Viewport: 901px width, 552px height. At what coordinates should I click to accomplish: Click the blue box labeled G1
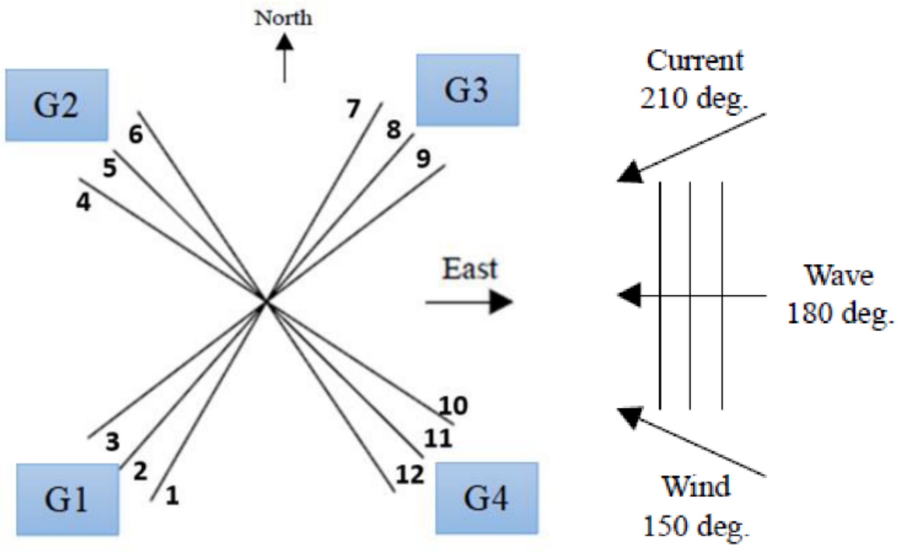click(x=68, y=500)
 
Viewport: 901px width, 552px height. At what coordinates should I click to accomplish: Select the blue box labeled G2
click(x=57, y=105)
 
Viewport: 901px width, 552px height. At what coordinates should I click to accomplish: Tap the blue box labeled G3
click(x=467, y=90)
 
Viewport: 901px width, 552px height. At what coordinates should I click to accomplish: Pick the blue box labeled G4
click(x=487, y=498)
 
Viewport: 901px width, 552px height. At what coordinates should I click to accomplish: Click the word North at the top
click(x=283, y=18)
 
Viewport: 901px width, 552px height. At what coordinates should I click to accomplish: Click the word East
click(x=469, y=269)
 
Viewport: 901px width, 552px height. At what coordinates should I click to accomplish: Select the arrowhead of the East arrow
click(x=501, y=302)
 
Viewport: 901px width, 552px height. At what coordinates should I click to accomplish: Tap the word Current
click(x=694, y=61)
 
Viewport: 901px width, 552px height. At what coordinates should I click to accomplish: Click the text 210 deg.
click(x=694, y=98)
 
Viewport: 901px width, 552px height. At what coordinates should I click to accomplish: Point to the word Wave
click(x=838, y=276)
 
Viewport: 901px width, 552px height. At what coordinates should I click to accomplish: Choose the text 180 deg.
click(x=840, y=313)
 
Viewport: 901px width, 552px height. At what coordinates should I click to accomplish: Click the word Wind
click(x=696, y=487)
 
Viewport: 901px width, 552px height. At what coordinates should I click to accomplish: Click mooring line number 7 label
click(x=353, y=109)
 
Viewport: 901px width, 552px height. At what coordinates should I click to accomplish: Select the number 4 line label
click(x=83, y=202)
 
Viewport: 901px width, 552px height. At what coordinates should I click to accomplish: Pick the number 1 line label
click(x=172, y=496)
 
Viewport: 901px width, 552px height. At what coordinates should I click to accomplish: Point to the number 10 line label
click(x=453, y=406)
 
